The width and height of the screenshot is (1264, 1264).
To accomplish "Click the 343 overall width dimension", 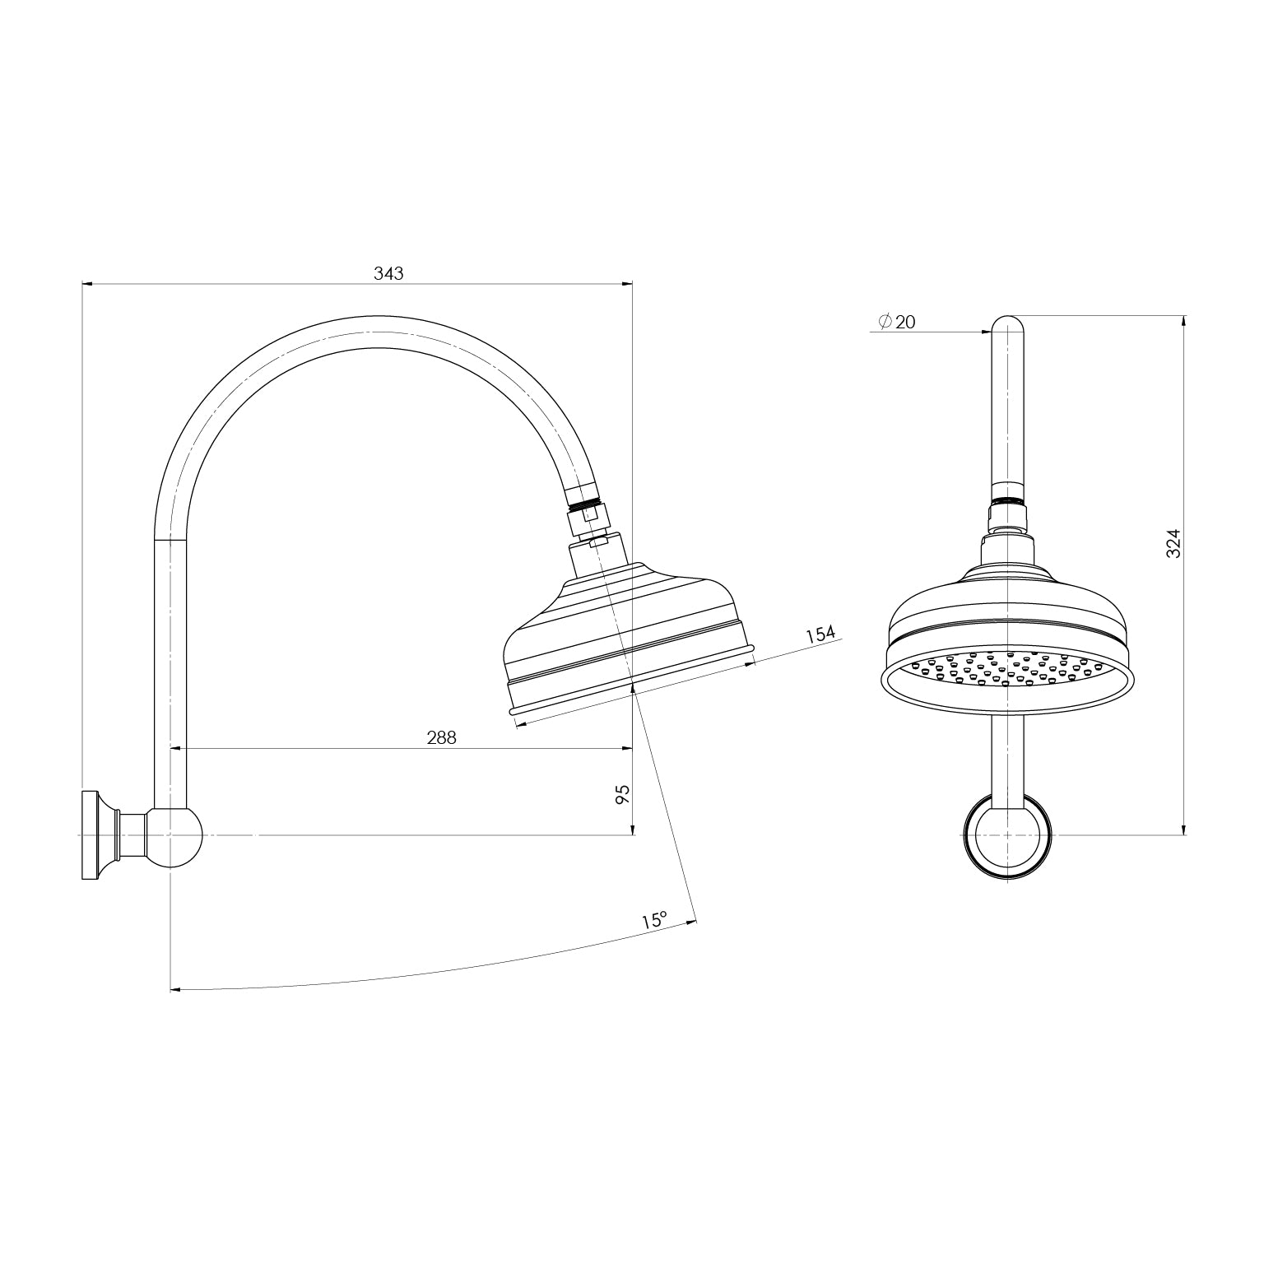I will click(x=388, y=273).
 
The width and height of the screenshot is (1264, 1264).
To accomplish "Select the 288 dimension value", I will click(x=441, y=738).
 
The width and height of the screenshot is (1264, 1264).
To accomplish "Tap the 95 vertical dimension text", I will click(x=623, y=794).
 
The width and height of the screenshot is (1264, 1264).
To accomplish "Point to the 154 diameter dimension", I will click(x=820, y=634).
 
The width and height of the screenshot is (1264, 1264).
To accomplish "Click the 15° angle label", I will click(x=654, y=920).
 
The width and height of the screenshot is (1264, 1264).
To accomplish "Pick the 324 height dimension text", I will click(x=1174, y=543).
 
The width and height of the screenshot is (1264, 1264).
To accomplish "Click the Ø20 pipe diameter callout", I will click(x=896, y=323).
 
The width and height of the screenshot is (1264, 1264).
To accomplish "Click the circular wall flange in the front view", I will click(x=1007, y=837).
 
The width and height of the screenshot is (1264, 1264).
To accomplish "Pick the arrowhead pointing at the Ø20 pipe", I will click(x=986, y=332).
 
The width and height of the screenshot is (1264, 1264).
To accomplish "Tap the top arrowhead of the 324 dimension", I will click(x=1183, y=321).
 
